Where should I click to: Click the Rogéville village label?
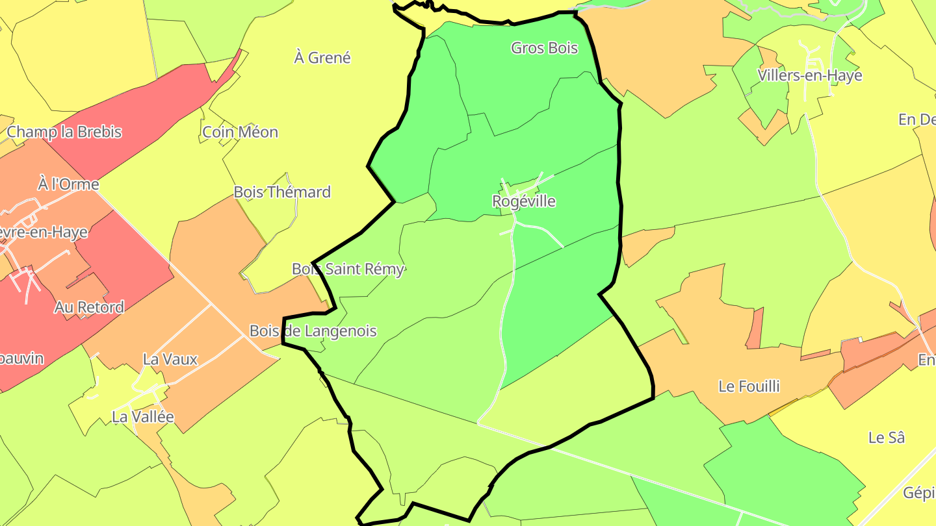(524, 201)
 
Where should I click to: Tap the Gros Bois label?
(544, 47)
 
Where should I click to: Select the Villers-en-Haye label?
(810, 75)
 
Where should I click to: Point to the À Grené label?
(322, 58)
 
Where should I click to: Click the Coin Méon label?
(240, 132)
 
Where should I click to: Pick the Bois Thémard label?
(282, 192)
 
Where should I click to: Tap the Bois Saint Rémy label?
(348, 269)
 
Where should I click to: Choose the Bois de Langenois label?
(313, 331)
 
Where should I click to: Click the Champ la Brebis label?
(64, 132)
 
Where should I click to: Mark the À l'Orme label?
(68, 184)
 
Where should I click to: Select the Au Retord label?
(89, 307)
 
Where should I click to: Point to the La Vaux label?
(170, 359)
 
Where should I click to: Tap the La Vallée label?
(143, 417)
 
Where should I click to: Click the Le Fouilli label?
(749, 386)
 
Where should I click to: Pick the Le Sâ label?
(887, 438)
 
